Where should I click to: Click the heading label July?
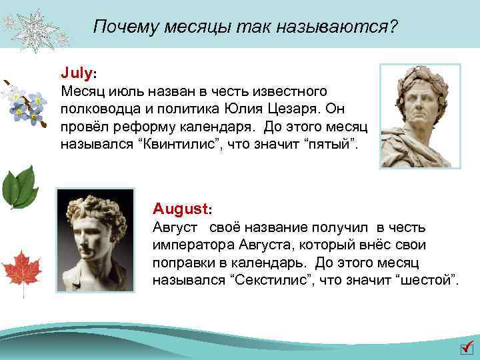pos(78,70)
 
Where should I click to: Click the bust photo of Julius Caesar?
pos(420,116)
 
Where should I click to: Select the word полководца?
pos(98,107)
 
